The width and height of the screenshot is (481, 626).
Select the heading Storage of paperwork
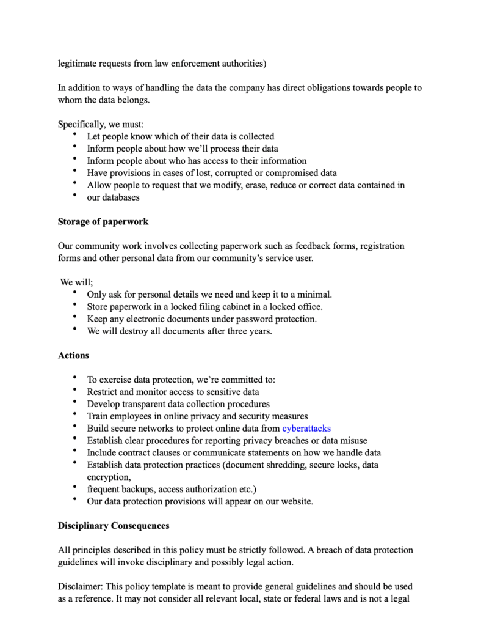(x=103, y=221)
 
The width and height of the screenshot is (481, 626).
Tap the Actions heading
(x=73, y=355)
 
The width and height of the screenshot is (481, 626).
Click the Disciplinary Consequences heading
(x=114, y=525)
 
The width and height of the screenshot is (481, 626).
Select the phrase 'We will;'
(x=76, y=282)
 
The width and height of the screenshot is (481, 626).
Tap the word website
(x=295, y=501)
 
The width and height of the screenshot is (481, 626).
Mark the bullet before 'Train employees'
(x=74, y=415)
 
